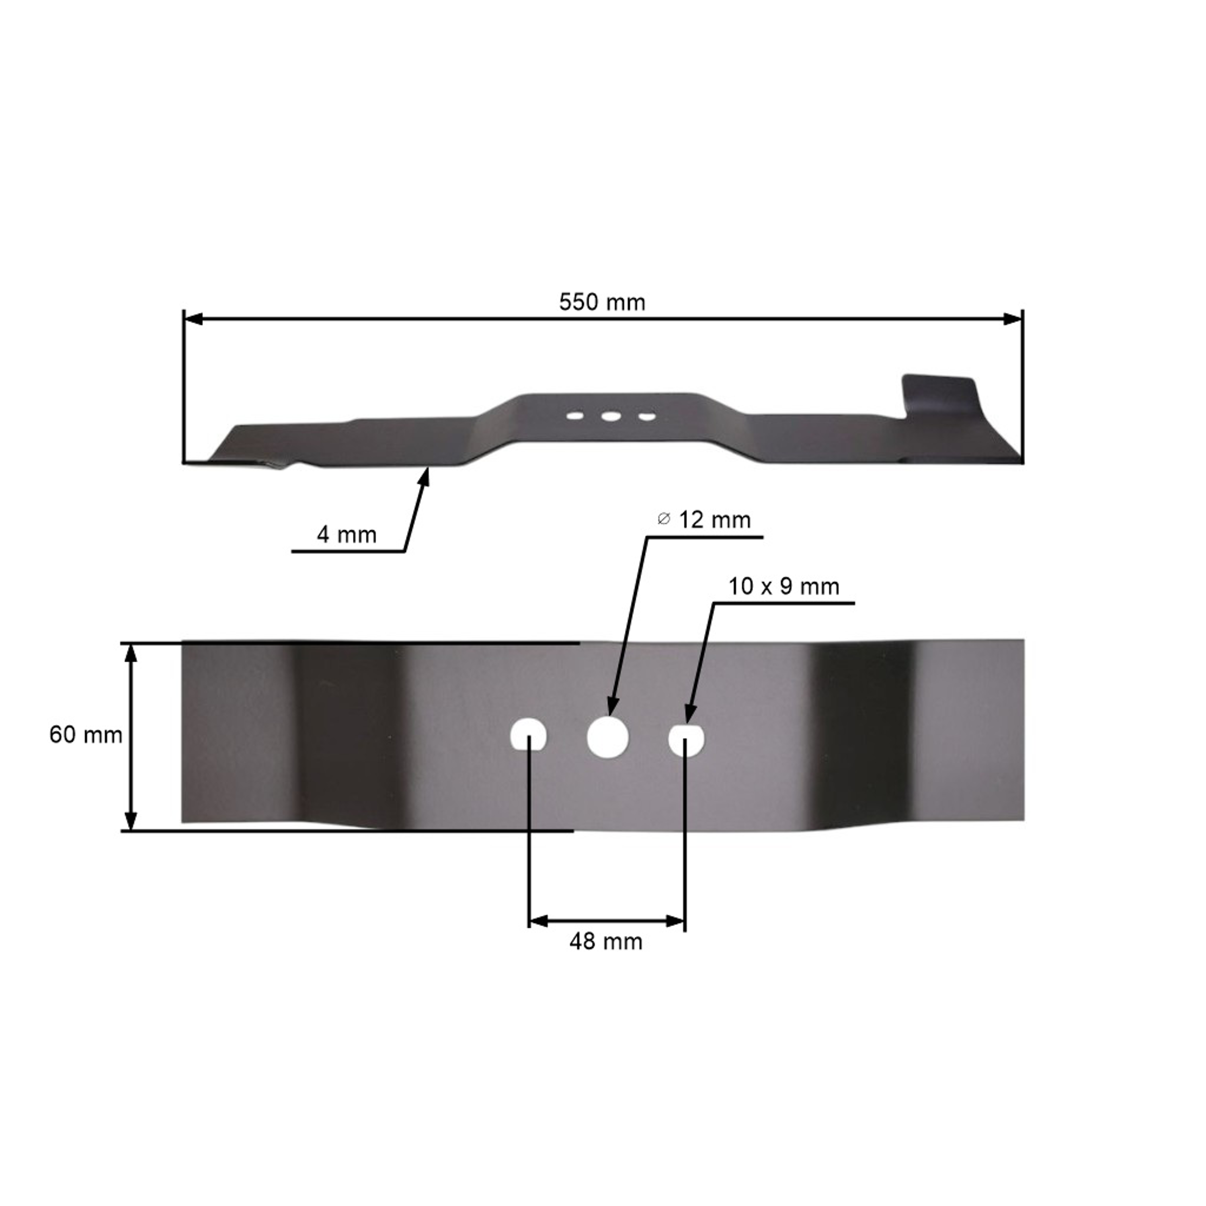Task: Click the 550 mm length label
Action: (x=602, y=303)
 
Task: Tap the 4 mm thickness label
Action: (x=347, y=535)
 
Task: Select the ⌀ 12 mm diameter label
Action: (x=704, y=520)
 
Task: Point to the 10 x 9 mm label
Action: (x=784, y=587)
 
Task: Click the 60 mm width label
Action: (x=86, y=735)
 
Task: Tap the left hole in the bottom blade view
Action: (x=528, y=735)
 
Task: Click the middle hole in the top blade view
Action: (x=611, y=416)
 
